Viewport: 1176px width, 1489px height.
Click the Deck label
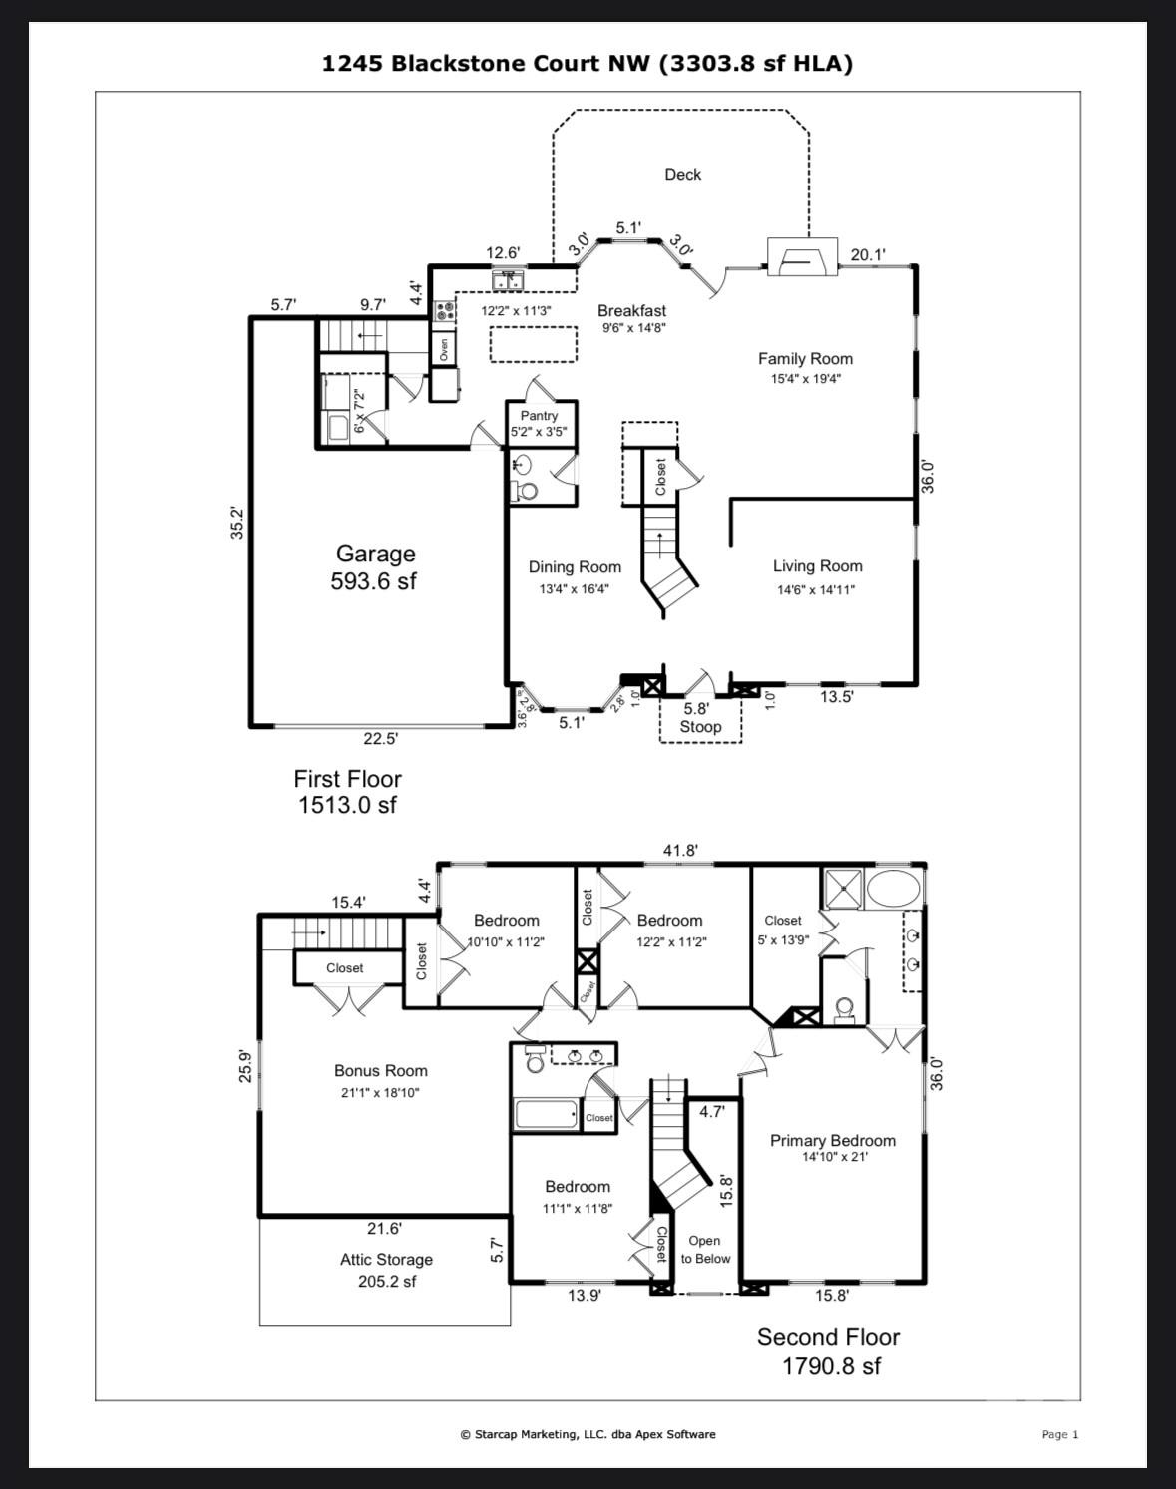point(682,175)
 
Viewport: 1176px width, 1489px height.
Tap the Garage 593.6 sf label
point(374,566)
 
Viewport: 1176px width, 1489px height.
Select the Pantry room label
point(539,416)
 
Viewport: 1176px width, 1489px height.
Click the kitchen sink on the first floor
point(508,280)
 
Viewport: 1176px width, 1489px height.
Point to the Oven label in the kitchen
point(444,349)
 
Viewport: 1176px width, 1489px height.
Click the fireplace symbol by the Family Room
point(802,256)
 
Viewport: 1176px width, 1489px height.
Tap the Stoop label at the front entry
point(700,726)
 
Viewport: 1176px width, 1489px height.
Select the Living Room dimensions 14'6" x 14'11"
point(816,590)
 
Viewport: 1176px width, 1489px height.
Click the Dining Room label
point(575,567)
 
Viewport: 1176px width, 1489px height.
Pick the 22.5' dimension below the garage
point(380,739)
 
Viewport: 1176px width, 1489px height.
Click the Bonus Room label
point(381,1070)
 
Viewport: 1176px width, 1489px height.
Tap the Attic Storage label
point(386,1260)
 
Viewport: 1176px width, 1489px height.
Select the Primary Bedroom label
point(833,1140)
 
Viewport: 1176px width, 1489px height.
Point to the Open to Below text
point(705,1250)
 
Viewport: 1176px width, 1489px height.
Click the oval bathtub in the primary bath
point(893,889)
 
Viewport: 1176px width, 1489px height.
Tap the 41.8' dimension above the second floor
point(680,851)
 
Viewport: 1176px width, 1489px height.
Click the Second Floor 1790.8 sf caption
point(829,1352)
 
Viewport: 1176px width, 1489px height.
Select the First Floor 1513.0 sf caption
point(347,792)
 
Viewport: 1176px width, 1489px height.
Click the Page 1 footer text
point(1059,1434)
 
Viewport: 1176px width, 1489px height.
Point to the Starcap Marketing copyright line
point(588,1434)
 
